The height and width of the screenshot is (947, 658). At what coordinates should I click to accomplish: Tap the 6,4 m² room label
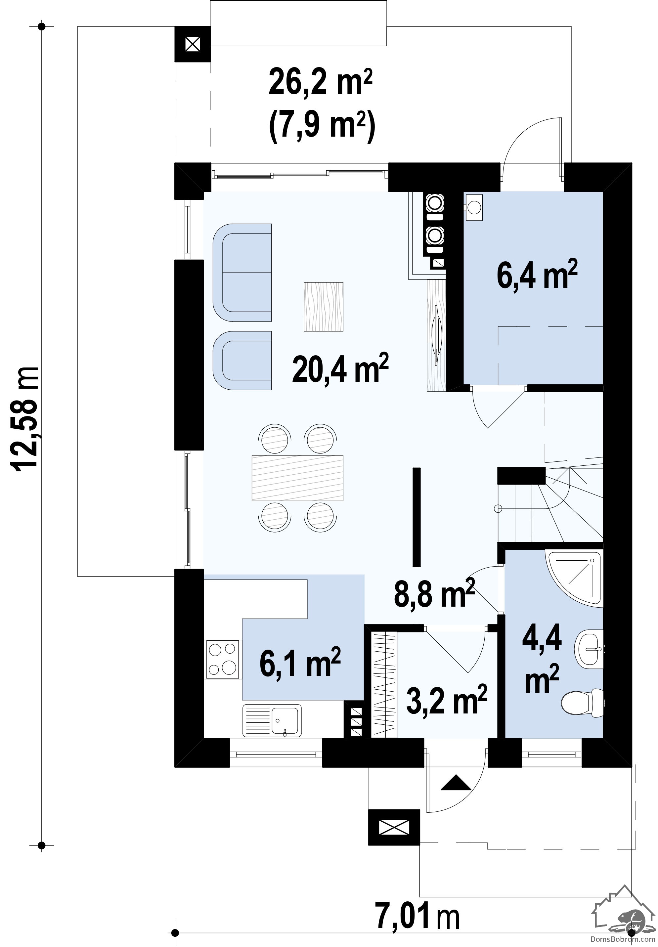(x=537, y=275)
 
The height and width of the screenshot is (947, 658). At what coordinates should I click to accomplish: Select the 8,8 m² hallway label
(x=434, y=593)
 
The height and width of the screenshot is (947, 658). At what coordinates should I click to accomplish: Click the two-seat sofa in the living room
(x=242, y=273)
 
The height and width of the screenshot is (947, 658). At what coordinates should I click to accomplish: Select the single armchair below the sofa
(x=242, y=360)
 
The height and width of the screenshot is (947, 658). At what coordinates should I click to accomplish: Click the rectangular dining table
(x=297, y=478)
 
